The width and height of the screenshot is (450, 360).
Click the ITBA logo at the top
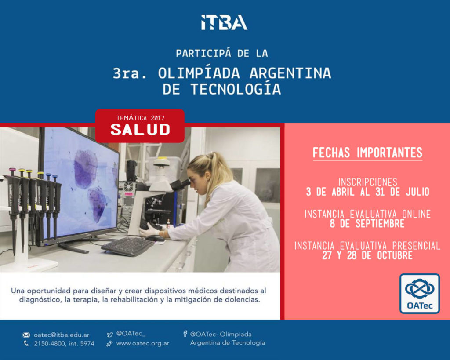pyautogui.click(x=224, y=22)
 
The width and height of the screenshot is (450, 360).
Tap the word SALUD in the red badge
pyautogui.click(x=140, y=130)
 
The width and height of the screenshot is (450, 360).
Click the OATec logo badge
pyautogui.click(x=420, y=293)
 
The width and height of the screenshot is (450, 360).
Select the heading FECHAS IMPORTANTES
pyautogui.click(x=367, y=153)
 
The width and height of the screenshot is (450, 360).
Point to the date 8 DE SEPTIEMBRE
pyautogui.click(x=367, y=224)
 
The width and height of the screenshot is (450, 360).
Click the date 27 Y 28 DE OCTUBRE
pyautogui.click(x=367, y=255)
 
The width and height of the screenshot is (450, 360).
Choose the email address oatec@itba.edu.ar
pyautogui.click(x=62, y=335)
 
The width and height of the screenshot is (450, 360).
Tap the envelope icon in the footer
pyautogui.click(x=26, y=335)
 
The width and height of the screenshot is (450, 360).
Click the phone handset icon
pyautogui.click(x=26, y=343)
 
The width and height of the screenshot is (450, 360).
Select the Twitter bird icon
pyautogui.click(x=110, y=335)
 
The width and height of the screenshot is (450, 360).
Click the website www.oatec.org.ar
pyautogui.click(x=143, y=343)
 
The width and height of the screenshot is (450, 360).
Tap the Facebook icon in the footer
pyautogui.click(x=185, y=334)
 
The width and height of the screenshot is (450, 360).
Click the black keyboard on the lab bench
pyautogui.click(x=128, y=246)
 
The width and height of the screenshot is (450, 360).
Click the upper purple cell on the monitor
pyautogui.click(x=86, y=169)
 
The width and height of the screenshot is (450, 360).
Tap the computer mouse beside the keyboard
pyautogui.click(x=155, y=238)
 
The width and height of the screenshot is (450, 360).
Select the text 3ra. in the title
pyautogui.click(x=130, y=73)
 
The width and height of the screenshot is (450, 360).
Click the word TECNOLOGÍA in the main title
pyautogui.click(x=236, y=89)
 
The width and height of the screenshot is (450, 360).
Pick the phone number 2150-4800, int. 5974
pyautogui.click(x=64, y=343)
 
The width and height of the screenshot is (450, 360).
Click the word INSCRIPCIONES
pyautogui.click(x=368, y=182)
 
